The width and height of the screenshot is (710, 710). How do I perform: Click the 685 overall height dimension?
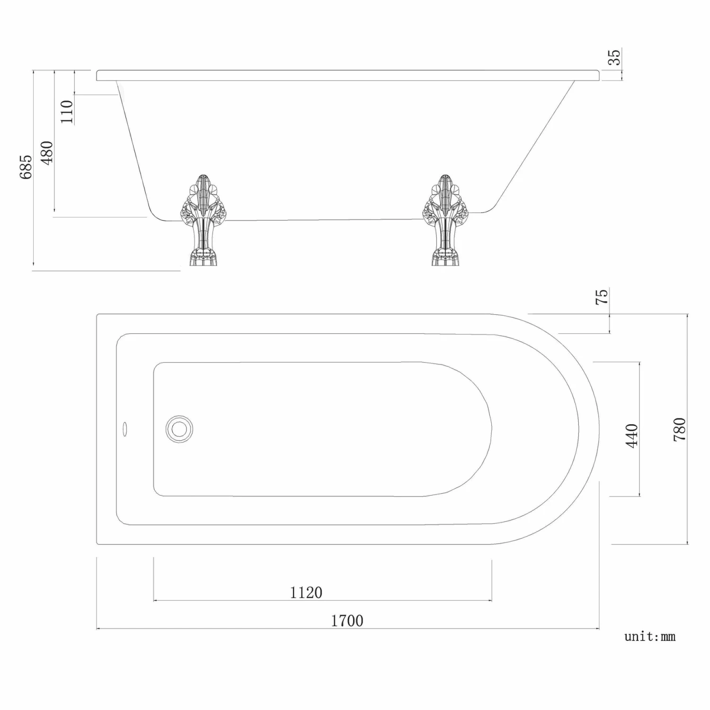point(26,167)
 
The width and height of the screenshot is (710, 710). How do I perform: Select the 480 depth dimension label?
point(47,152)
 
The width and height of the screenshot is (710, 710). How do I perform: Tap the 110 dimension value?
point(67,112)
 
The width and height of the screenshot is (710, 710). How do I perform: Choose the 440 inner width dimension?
point(632,435)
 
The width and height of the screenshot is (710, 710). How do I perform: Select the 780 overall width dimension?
point(679,429)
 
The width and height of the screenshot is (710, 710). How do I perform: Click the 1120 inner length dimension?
point(306,592)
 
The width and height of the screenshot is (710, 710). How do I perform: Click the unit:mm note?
point(649,637)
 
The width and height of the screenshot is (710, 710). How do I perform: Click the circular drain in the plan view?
point(179,429)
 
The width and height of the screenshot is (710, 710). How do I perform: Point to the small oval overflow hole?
point(125,429)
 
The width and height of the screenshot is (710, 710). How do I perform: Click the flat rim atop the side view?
point(348,76)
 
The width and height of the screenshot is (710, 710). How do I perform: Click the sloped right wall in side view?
point(535,144)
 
